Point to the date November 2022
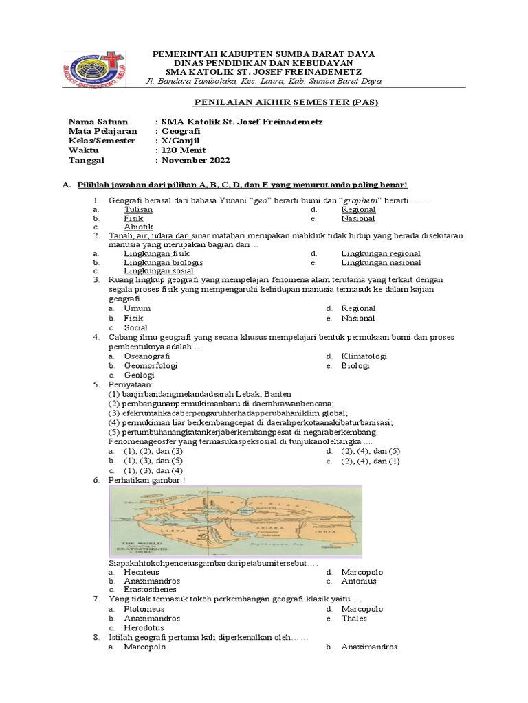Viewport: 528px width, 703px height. click(x=195, y=160)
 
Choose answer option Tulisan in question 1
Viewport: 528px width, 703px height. click(x=138, y=209)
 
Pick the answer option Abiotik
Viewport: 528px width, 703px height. click(x=138, y=227)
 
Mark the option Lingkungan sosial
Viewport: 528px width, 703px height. click(x=158, y=272)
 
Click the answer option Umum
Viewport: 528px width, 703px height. click(x=137, y=309)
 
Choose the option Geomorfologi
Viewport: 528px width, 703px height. click(x=151, y=366)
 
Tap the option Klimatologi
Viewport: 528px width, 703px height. click(x=364, y=356)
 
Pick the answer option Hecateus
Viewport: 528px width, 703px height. click(x=142, y=572)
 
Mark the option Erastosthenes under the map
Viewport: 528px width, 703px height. click(x=150, y=590)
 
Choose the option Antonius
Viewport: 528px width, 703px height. click(x=359, y=581)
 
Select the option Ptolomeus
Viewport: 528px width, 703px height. click(x=144, y=609)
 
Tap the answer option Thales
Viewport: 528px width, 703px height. click(x=354, y=619)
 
